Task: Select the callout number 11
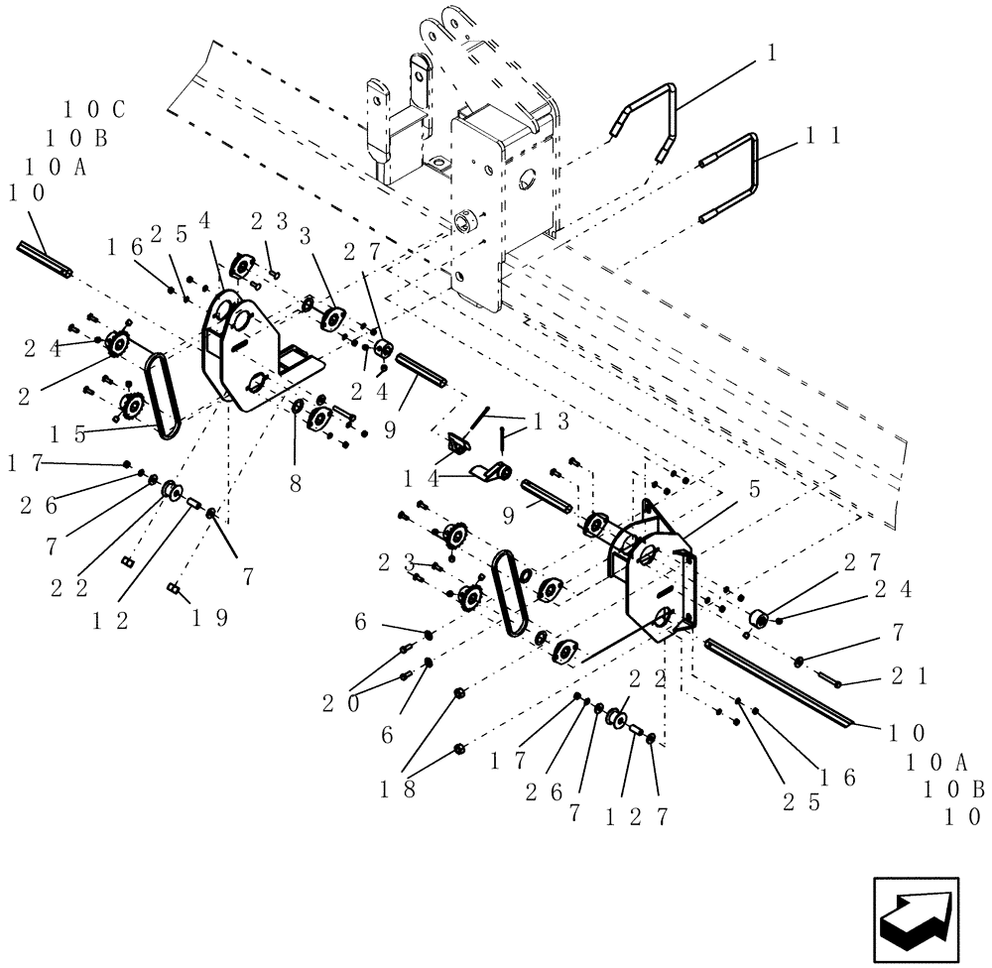pyautogui.click(x=823, y=136)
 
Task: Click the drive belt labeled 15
pyautogui.click(x=159, y=397)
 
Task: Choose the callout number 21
pyautogui.click(x=909, y=675)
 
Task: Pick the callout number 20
pyautogui.click(x=340, y=702)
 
